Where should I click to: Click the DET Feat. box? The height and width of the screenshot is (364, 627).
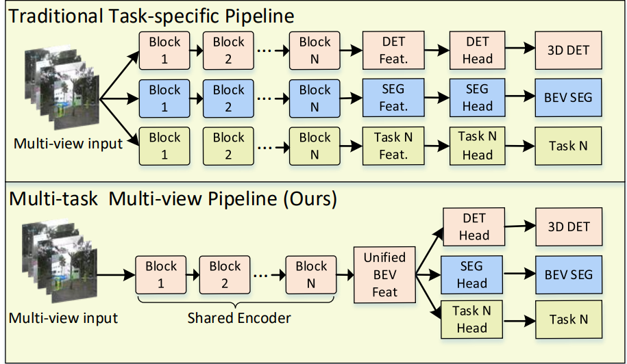(393, 50)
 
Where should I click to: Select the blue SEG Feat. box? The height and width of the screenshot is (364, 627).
(393, 98)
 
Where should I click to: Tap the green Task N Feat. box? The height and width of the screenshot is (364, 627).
(393, 146)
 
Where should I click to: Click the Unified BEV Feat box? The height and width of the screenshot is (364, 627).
(384, 274)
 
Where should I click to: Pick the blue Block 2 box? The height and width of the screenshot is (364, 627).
(228, 98)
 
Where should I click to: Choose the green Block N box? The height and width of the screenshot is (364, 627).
(315, 146)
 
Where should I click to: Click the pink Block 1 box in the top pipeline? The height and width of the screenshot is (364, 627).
(164, 50)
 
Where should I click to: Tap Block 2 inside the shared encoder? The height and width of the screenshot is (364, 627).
(225, 274)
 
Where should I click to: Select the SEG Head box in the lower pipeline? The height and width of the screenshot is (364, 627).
(472, 274)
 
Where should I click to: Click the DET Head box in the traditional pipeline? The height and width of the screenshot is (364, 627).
(478, 50)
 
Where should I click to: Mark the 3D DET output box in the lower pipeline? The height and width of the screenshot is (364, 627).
(568, 227)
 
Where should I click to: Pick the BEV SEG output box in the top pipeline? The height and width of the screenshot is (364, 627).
(568, 98)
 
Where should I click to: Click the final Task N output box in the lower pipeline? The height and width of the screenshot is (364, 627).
(568, 319)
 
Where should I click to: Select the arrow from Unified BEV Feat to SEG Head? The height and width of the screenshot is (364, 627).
(427, 274)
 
